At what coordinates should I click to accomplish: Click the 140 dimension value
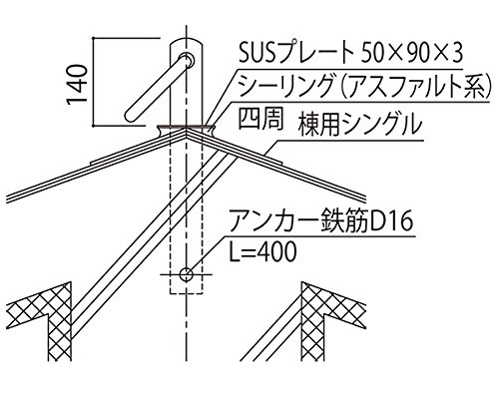[x=77, y=85]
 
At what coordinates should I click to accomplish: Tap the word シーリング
[x=286, y=85]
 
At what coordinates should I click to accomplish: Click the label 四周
[x=261, y=119]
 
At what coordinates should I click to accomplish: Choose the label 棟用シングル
[x=360, y=125]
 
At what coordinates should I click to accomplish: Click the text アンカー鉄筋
[x=298, y=220]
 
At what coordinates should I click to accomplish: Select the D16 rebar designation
[x=391, y=220]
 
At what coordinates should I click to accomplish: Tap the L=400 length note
[x=262, y=251]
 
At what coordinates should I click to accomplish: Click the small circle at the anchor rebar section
[x=187, y=274]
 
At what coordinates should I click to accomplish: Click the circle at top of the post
[x=187, y=60]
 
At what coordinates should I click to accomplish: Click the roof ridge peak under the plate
[x=187, y=130]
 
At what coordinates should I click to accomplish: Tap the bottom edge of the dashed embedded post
[x=187, y=293]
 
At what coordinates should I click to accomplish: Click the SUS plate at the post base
[x=187, y=127]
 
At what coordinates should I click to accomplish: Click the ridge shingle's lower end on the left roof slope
[x=91, y=163]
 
